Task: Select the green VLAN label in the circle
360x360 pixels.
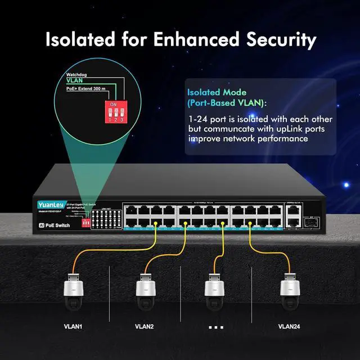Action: (75, 80)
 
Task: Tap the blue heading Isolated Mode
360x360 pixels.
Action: (217, 92)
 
